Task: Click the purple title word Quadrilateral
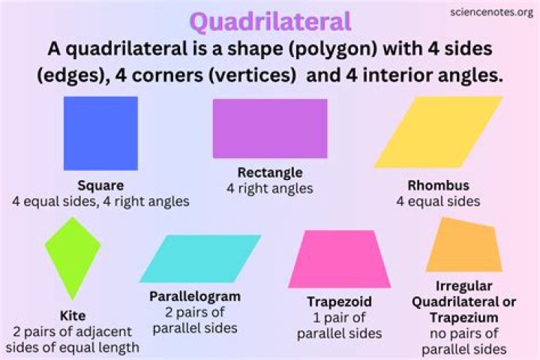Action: [269, 21]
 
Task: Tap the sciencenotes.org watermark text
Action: [491, 13]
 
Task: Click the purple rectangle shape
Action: [270, 128]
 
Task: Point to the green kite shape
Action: [72, 256]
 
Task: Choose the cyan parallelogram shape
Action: [200, 258]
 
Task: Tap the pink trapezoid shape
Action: [341, 259]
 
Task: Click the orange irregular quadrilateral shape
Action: [463, 245]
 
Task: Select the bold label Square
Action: [100, 185]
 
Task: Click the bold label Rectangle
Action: [270, 172]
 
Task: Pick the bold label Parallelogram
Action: [195, 295]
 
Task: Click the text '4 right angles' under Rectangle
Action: [270, 188]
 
